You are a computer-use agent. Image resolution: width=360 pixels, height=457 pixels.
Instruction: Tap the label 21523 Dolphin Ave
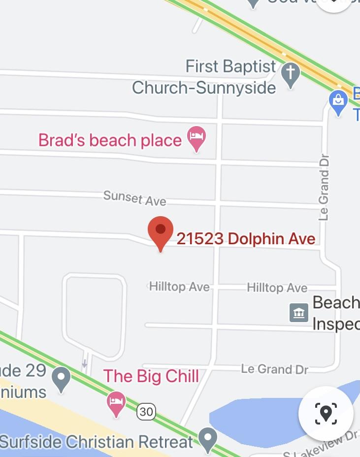(246, 239)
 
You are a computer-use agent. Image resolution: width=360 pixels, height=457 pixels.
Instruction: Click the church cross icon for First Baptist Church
(291, 75)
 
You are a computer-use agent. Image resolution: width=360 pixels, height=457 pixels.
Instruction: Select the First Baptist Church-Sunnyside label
(204, 77)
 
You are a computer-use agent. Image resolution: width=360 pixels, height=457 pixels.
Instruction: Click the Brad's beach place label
(110, 140)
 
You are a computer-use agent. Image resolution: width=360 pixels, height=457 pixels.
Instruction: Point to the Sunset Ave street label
(134, 198)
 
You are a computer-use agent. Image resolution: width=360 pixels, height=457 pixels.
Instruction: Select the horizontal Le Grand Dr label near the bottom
(274, 369)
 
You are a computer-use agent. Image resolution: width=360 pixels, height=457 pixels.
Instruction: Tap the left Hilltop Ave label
(179, 287)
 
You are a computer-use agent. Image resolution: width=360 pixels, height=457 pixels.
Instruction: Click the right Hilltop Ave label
(277, 288)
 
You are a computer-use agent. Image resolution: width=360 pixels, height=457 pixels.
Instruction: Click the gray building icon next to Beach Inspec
(299, 312)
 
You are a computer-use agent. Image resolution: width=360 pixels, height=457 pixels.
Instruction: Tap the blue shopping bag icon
(338, 102)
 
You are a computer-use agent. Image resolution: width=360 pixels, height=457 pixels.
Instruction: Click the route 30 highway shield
(146, 411)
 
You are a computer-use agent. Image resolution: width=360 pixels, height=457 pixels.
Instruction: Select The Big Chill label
(151, 376)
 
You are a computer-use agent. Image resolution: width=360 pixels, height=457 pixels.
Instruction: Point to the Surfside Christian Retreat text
(97, 442)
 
